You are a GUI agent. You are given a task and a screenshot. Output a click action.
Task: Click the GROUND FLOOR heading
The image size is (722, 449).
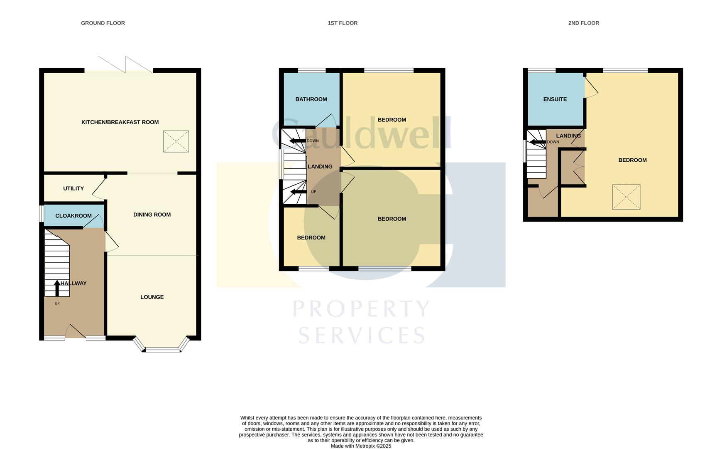pyautogui.click(x=103, y=23)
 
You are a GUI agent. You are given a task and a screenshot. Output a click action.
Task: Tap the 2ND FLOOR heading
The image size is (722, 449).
pyautogui.click(x=583, y=23)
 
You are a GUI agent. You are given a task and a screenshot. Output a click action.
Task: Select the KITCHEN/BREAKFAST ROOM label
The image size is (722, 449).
pyautogui.click(x=120, y=122)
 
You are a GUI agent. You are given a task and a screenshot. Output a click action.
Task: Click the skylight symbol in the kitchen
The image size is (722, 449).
pyautogui.click(x=176, y=141)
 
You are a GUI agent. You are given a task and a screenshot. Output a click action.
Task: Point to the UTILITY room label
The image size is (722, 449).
pyautogui.click(x=73, y=188)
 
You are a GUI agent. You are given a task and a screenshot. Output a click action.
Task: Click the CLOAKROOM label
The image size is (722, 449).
pyautogui.click(x=73, y=216)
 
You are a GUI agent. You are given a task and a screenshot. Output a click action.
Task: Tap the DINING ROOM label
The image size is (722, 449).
pyautogui.click(x=152, y=215)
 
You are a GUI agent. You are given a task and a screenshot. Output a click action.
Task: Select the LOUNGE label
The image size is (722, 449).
pyautogui.click(x=152, y=297)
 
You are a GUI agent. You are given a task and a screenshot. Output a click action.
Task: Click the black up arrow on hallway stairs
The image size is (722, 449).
pyautogui.click(x=57, y=288)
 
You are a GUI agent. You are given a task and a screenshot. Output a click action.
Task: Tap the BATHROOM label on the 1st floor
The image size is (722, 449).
pyautogui.click(x=311, y=99)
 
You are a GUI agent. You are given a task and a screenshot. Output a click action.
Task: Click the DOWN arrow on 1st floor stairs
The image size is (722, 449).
pyautogui.click(x=297, y=141)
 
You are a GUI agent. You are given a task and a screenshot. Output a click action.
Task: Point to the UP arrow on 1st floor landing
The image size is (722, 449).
pyautogui.click(x=298, y=192)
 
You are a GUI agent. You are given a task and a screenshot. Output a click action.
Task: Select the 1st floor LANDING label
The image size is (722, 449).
pyautogui.click(x=320, y=167)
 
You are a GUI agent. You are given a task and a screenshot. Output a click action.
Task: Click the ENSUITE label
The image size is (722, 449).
pyautogui.click(x=555, y=99)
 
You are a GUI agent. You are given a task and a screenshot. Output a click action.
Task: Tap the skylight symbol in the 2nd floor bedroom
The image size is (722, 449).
pyautogui.click(x=626, y=197)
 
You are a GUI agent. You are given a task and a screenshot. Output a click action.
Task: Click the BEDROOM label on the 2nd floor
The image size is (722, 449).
pyautogui.click(x=632, y=160)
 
